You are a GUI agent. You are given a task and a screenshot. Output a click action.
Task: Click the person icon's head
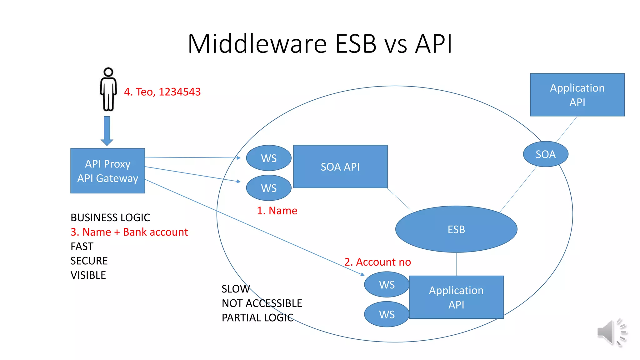pos(108,72)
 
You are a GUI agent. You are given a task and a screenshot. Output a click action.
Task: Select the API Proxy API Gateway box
pos(107,171)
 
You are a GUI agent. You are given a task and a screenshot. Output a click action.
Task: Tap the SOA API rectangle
pos(340,167)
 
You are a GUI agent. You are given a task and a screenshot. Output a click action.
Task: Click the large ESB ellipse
pos(456,229)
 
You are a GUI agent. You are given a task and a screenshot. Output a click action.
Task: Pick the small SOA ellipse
pos(545,154)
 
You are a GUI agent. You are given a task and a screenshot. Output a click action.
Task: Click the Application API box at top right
pos(577,95)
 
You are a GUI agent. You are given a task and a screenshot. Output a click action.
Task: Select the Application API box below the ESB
pos(456,297)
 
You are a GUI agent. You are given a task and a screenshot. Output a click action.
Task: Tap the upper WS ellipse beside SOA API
pos(269,158)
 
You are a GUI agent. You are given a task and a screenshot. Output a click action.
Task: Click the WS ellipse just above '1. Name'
pos(269,188)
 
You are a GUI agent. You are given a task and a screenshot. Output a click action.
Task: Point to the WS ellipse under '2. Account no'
pos(387,284)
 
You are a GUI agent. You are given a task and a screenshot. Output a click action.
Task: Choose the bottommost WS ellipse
pos(387,314)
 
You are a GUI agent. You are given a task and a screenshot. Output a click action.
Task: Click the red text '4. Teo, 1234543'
pos(162,92)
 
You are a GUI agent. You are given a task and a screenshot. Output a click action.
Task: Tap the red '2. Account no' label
pos(377,262)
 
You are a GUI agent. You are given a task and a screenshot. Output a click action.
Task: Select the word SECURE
pos(89,261)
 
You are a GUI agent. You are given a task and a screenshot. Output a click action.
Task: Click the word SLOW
pos(236,289)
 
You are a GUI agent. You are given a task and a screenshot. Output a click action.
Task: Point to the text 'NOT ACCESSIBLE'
pos(262,303)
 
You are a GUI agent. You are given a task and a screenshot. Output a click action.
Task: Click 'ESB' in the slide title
pos(356,44)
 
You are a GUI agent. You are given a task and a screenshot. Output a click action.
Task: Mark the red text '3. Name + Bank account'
pos(129,232)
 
